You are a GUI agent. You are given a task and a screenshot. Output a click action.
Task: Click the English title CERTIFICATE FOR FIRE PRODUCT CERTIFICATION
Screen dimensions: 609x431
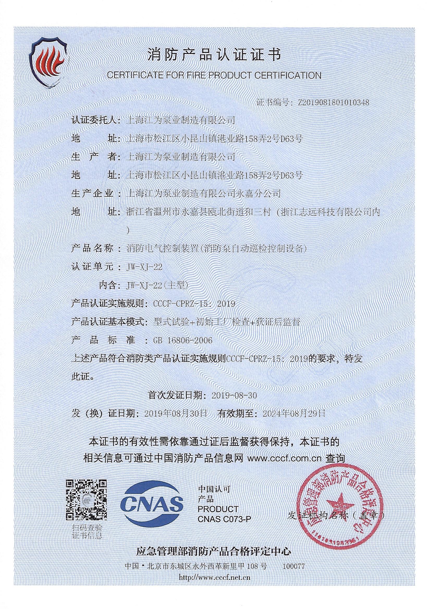[214, 75]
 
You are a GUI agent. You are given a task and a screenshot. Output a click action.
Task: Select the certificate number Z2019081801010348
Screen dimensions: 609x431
[333, 103]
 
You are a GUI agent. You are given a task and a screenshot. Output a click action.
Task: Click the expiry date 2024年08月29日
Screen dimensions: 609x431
[293, 414]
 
